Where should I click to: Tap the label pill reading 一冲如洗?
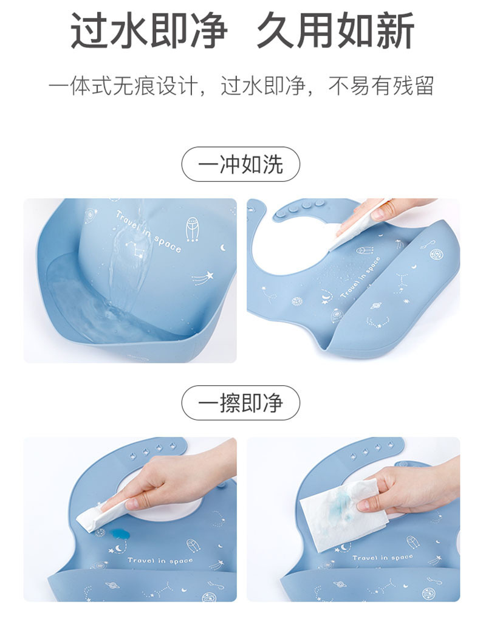coord(241,164)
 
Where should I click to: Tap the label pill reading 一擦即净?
coord(241,403)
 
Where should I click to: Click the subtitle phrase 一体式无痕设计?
coord(124,86)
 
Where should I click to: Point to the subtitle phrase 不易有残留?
coord(382,86)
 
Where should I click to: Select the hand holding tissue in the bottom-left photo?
coord(176,480)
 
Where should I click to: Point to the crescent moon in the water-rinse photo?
coord(223,247)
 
